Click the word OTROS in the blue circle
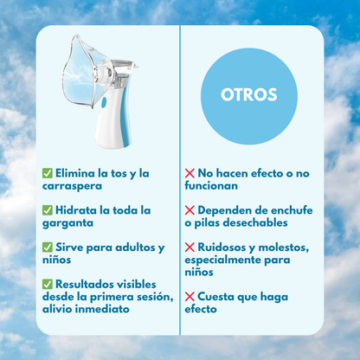pos(248,93)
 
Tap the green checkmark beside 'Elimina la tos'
pos(48,174)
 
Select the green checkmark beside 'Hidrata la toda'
pos(48,210)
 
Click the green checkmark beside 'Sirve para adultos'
pos(48,247)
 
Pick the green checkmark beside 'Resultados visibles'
pos(48,284)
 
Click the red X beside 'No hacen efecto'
pos(190,174)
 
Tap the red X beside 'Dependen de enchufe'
pos(190,210)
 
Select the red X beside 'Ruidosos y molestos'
pos(190,247)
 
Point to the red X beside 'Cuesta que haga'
pos(190,297)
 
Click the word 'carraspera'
pos(72,186)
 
